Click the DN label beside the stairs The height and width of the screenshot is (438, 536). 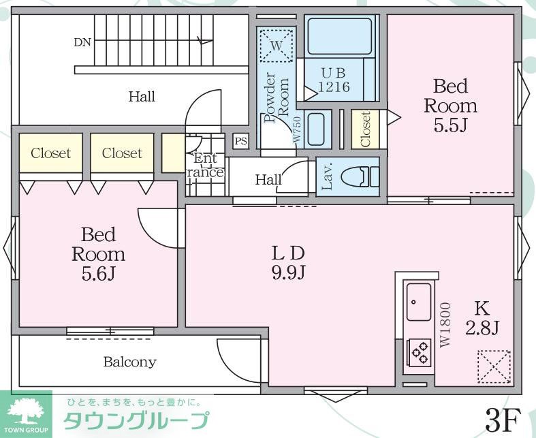click(82, 42)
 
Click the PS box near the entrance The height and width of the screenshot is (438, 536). click(240, 142)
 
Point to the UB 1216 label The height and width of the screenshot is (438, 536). click(334, 79)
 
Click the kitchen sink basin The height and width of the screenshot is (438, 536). click(419, 302)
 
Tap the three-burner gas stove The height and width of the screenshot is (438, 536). click(418, 352)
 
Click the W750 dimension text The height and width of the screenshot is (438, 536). click(297, 129)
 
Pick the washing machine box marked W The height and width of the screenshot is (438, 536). click(277, 46)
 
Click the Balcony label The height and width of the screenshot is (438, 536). click(129, 362)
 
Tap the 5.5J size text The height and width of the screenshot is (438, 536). click(450, 126)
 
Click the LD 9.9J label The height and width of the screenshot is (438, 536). click(288, 262)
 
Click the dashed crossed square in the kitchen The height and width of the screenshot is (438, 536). click(493, 366)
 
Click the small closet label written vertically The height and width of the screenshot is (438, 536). click(365, 129)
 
